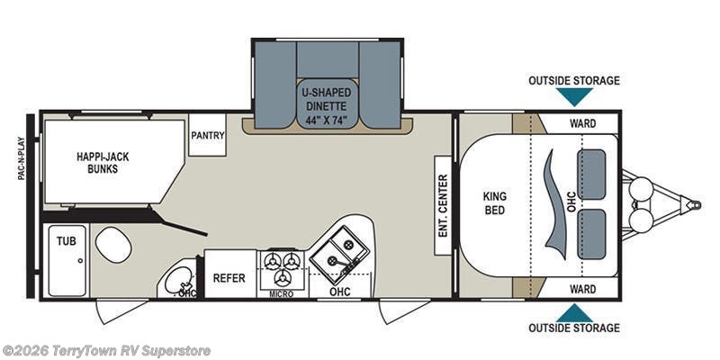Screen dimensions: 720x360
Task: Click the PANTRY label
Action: [x=208, y=136]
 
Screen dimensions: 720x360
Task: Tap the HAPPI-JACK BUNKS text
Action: [x=103, y=163]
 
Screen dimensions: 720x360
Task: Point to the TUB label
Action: [x=67, y=240]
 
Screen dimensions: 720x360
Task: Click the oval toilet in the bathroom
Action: [x=113, y=245]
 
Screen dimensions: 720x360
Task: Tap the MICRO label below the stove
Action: [x=282, y=294]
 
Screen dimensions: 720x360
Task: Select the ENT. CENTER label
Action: [x=443, y=205]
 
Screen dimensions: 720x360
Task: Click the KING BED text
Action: [x=494, y=203]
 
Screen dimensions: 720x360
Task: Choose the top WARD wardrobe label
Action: [x=582, y=123]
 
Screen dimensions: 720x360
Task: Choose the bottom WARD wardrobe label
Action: [x=582, y=289]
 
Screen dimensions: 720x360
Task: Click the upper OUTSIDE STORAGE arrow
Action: [x=574, y=96]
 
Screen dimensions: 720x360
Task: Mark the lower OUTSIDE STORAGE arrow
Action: [x=574, y=313]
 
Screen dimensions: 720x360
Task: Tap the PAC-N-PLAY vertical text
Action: [x=21, y=158]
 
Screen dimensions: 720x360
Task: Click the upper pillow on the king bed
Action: [x=591, y=175]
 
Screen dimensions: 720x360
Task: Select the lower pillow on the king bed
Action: [x=591, y=234]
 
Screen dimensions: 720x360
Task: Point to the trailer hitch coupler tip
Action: [x=696, y=205]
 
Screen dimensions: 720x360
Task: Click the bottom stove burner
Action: [x=282, y=278]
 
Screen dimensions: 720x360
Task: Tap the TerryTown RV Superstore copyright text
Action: [x=106, y=351]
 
